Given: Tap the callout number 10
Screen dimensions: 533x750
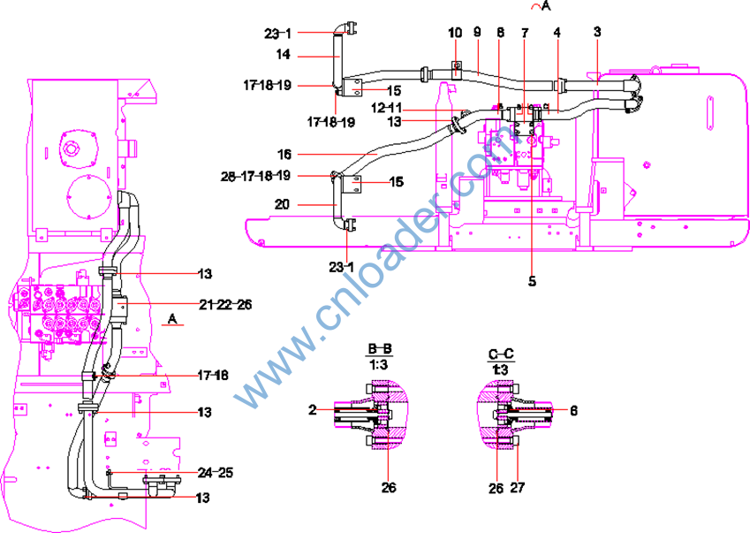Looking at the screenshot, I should click(x=454, y=33).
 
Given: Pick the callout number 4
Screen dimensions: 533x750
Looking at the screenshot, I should click(x=557, y=33).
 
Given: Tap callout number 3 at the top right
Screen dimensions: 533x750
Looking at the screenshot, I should click(x=597, y=32).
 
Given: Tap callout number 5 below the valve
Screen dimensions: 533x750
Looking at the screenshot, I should click(x=532, y=282).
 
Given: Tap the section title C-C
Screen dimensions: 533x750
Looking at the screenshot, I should click(x=501, y=354).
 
